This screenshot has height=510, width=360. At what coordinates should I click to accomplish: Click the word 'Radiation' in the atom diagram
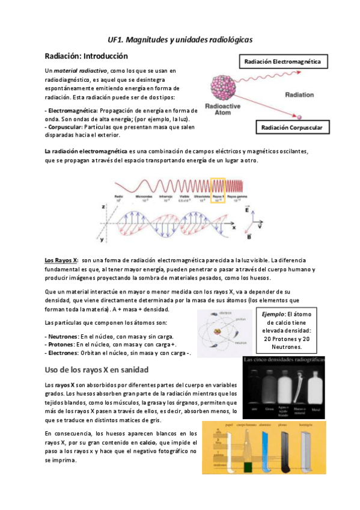(299, 95)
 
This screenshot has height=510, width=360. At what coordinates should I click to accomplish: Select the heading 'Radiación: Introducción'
(87, 56)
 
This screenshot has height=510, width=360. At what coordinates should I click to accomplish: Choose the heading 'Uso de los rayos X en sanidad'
(98, 368)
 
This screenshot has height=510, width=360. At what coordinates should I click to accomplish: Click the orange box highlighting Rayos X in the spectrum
(218, 189)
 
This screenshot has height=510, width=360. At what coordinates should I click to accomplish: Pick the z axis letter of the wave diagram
(104, 206)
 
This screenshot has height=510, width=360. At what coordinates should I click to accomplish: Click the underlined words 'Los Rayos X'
(61, 260)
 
